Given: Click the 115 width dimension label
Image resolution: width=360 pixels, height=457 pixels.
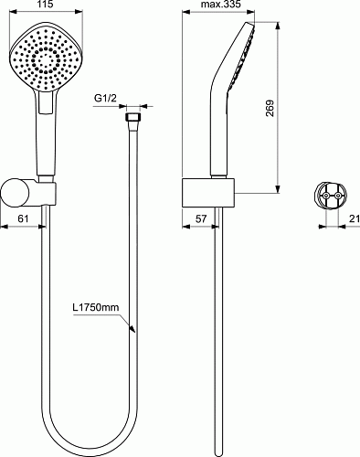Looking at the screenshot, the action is [x=46, y=4].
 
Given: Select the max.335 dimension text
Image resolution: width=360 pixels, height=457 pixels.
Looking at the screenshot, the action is [x=221, y=4].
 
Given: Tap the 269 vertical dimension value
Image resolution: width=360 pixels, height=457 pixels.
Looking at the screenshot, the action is [x=270, y=108].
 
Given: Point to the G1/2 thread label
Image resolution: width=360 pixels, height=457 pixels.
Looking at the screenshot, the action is [x=105, y=98].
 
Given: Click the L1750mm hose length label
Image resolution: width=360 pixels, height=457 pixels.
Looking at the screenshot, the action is [x=96, y=307].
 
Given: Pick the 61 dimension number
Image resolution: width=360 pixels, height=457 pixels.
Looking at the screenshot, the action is [x=23, y=218].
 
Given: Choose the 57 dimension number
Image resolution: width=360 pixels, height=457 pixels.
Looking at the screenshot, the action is [x=201, y=218].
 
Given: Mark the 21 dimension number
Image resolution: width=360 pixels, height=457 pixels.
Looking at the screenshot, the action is [x=355, y=218].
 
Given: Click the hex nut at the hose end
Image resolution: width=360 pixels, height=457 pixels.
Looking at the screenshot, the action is [x=132, y=117].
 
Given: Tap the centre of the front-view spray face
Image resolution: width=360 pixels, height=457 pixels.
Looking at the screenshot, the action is [x=46, y=58].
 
